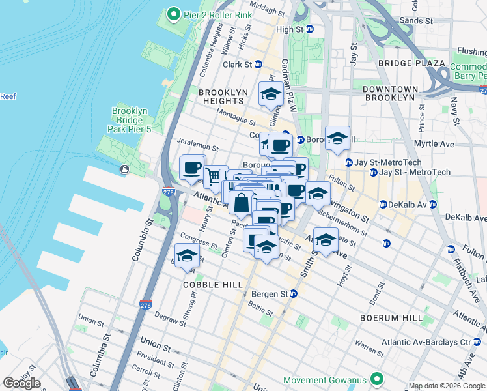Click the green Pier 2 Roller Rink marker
pyautogui.click(x=173, y=13)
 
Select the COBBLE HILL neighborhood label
pyautogui.click(x=214, y=285)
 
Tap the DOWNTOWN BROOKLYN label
pyautogui.click(x=389, y=93)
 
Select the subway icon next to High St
pyautogui.click(x=310, y=29)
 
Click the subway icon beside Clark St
pyautogui.click(x=258, y=65)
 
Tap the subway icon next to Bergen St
pyautogui.click(x=294, y=294)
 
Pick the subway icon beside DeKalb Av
pyautogui.click(x=383, y=204)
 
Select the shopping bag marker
pyautogui.click(x=241, y=202)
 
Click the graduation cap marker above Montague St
pyautogui.click(x=271, y=94)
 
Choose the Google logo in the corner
pyautogui.click(x=21, y=383)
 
